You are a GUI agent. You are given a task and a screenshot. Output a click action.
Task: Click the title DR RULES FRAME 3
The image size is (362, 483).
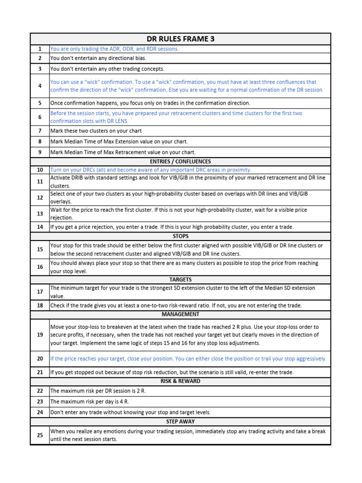click(181, 39)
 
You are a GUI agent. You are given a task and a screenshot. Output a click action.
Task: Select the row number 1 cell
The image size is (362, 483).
click(40, 49)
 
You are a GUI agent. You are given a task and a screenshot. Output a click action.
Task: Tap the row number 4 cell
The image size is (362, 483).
click(40, 86)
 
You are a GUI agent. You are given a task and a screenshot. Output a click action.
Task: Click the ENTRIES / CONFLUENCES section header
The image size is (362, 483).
click(181, 161)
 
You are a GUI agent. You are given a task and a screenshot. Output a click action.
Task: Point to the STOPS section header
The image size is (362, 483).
click(181, 236)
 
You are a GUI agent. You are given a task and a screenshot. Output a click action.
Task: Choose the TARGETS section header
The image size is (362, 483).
click(181, 280)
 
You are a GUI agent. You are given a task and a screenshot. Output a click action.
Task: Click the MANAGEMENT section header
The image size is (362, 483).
click(181, 314)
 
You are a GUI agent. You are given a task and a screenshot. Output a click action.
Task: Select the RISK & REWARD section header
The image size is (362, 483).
click(181, 381)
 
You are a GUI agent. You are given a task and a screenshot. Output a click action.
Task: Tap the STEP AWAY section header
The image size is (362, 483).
click(181, 422)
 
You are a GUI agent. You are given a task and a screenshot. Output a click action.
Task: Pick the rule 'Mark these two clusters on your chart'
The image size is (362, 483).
click(96, 131)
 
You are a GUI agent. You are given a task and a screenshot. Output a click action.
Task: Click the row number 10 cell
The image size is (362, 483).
click(40, 170)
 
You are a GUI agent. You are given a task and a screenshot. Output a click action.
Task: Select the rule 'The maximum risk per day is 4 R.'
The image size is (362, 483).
click(90, 401)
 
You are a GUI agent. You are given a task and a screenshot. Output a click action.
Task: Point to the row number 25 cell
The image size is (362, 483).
click(40, 435)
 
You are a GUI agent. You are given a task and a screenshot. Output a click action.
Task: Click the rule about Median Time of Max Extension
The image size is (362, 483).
click(119, 141)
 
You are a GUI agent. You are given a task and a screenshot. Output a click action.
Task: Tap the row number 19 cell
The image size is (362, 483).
click(40, 335)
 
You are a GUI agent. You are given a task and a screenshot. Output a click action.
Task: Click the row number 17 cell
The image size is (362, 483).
click(40, 292)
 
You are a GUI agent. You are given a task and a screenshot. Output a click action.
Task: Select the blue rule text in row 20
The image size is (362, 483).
click(189, 358)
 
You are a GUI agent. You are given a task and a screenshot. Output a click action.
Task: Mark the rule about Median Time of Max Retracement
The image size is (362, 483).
click(123, 152)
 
